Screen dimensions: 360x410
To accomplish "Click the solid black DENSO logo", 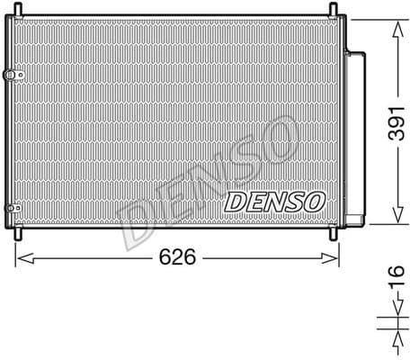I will (270, 201).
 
